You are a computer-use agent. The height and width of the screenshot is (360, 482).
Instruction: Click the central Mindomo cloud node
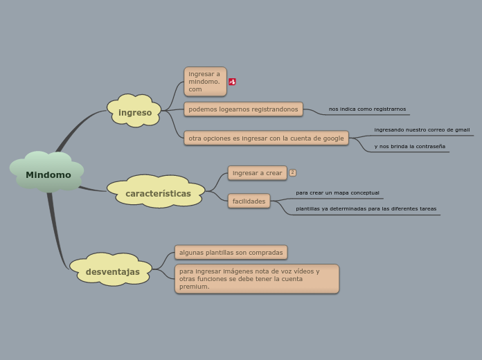tap(48, 174)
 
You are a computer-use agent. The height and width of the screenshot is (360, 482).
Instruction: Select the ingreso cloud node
tap(134, 112)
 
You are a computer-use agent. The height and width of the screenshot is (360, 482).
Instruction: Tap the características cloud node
tap(158, 193)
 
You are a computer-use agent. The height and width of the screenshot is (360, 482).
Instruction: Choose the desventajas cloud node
tap(112, 271)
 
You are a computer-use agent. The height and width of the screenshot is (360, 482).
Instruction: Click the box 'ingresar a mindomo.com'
tap(204, 82)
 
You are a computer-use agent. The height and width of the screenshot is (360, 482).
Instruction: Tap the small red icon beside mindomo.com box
tap(232, 82)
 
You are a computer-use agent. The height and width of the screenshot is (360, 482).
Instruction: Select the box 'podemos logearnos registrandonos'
tap(243, 109)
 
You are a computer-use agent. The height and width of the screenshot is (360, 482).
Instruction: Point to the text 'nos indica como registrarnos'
tap(367, 109)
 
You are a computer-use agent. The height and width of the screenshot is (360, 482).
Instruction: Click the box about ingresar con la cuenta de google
tap(266, 138)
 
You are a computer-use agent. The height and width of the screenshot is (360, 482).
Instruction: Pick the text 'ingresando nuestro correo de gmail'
tap(422, 129)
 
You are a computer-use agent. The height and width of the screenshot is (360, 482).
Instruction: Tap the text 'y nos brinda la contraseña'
tap(409, 146)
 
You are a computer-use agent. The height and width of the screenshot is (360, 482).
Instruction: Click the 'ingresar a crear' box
tap(257, 173)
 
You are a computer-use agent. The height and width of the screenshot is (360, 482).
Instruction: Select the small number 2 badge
tap(292, 172)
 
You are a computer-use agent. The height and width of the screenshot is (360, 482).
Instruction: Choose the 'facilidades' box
tap(249, 201)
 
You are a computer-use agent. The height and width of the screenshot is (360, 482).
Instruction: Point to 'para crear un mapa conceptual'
tap(337, 192)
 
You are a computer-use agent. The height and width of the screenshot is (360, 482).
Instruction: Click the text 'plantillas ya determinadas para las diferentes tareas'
tap(366, 208)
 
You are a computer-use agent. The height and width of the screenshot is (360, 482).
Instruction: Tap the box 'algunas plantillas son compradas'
tap(231, 252)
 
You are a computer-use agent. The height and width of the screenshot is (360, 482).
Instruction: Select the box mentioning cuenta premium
tap(256, 279)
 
